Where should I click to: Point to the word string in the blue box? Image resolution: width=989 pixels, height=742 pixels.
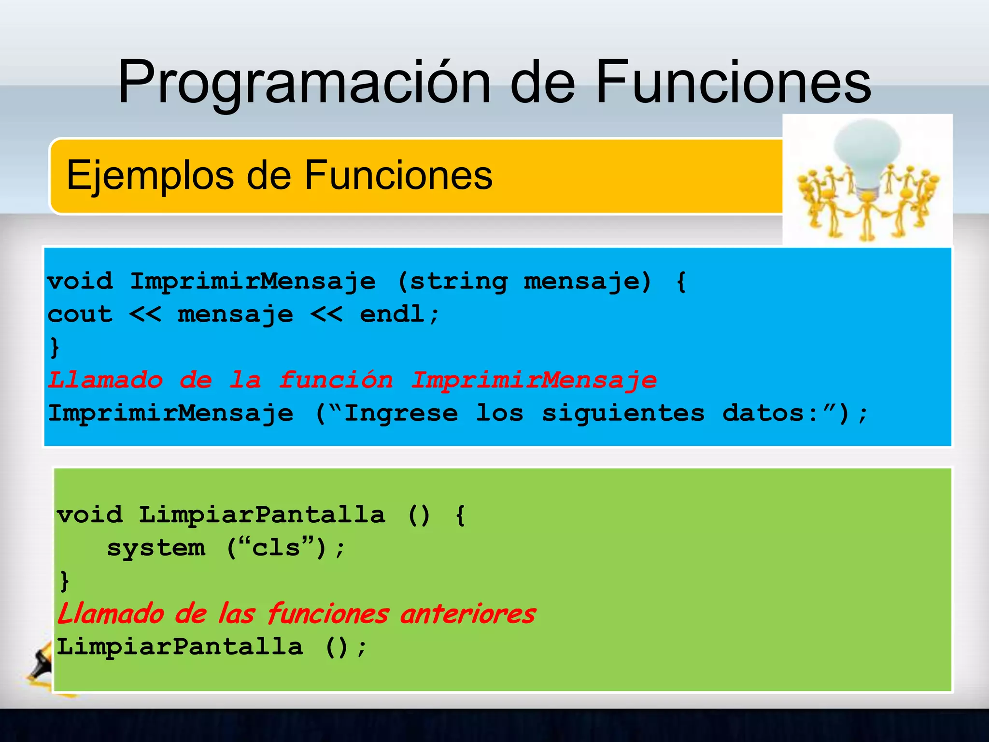click(458, 281)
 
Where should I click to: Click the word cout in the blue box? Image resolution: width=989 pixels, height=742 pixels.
click(80, 314)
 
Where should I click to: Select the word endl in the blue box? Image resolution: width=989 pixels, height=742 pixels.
click(392, 314)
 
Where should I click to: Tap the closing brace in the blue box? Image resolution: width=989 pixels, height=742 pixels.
click(55, 347)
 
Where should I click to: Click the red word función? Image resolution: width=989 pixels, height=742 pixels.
click(336, 380)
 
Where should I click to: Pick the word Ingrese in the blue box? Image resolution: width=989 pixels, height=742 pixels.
click(401, 413)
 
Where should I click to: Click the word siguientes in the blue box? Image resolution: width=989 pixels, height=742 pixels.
click(623, 413)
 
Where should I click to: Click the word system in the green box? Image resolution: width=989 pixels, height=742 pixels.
click(155, 548)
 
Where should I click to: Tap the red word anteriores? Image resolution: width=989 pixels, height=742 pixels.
click(467, 614)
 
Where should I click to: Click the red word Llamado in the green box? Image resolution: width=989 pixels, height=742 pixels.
click(110, 614)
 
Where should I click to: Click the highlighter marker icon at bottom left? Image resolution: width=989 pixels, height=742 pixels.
click(41, 664)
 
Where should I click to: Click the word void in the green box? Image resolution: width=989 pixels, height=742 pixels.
click(89, 515)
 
